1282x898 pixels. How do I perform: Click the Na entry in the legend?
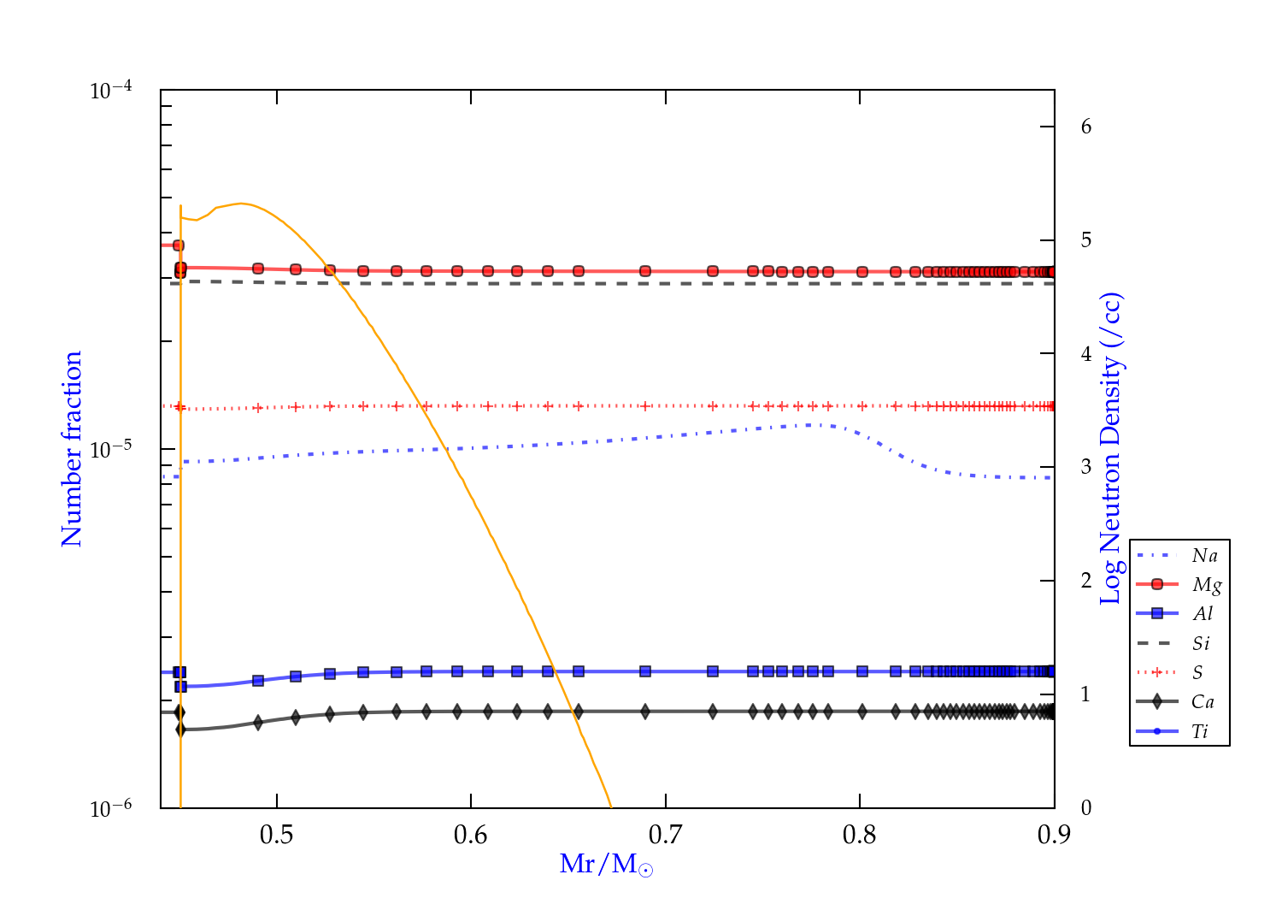[x=1204, y=556]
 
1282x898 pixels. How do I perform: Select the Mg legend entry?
[x=1206, y=585]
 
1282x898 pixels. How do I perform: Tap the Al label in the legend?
[x=1203, y=614]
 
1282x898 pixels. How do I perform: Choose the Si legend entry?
[x=1202, y=643]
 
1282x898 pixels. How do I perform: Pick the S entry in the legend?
[x=1197, y=673]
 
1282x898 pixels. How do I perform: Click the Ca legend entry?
[x=1203, y=702]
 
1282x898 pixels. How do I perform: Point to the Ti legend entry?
[x=1200, y=731]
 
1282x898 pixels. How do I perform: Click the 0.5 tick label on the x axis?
[x=276, y=835]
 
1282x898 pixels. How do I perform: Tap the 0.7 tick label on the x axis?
[x=665, y=835]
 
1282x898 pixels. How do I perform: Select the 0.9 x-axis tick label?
[x=1054, y=835]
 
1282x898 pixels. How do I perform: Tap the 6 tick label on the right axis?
[x=1086, y=127]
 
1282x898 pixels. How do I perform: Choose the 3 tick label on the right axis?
[x=1086, y=467]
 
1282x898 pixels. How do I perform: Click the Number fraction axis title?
[x=72, y=449]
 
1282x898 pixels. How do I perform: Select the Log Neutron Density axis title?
[x=1110, y=449]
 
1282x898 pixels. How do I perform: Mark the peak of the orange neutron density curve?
[x=242, y=203]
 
